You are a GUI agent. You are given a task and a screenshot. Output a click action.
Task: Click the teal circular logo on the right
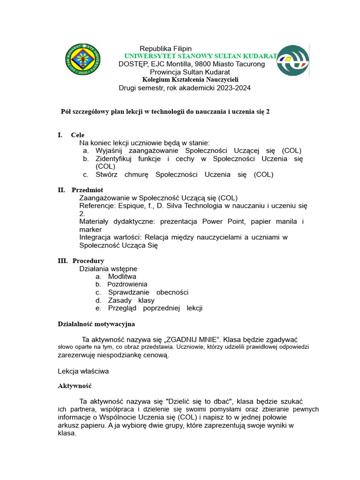pos(292,60)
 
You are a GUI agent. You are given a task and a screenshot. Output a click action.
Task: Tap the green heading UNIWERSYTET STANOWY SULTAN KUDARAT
pos(201,56)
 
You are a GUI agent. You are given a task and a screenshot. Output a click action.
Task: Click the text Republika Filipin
pos(165,49)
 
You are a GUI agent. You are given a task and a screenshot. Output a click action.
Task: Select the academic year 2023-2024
pos(227,88)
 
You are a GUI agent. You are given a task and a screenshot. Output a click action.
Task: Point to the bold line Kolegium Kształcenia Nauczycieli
pos(190,80)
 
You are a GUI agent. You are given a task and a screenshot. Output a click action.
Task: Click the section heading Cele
pos(78,135)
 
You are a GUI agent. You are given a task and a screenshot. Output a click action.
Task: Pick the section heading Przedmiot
pos(87,190)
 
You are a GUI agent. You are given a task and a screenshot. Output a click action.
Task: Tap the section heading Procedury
pos(88,261)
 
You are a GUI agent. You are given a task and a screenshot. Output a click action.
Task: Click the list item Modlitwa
pos(122,277)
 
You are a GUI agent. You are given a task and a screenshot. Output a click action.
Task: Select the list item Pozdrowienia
pos(127,284)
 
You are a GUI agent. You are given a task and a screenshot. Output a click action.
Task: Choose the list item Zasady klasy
pos(131,300)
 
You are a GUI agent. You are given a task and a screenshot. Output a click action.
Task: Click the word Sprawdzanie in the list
pos(128,292)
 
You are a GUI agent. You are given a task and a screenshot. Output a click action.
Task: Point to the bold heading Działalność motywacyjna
pos(96,324)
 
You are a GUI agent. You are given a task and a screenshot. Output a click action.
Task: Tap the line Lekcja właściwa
pos(83,371)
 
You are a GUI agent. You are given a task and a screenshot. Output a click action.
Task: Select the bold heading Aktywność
pos(75,386)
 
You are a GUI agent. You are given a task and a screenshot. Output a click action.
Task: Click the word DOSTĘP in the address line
pos(133,64)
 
